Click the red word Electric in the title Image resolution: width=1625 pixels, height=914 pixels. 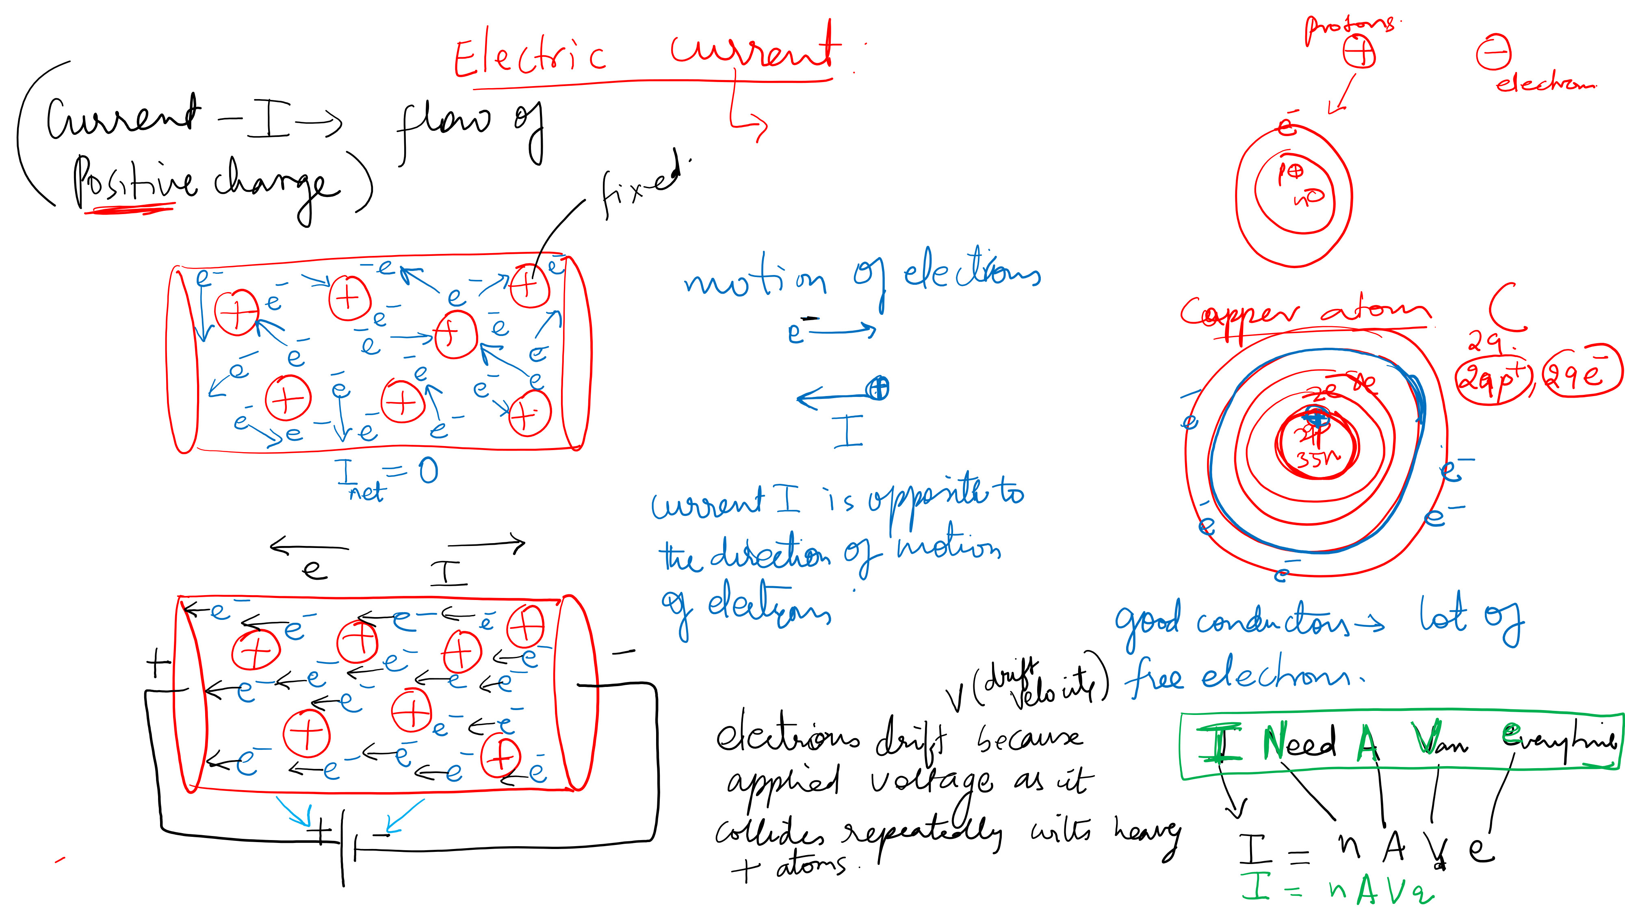[530, 57]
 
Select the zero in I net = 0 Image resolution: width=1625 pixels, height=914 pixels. [428, 470]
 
